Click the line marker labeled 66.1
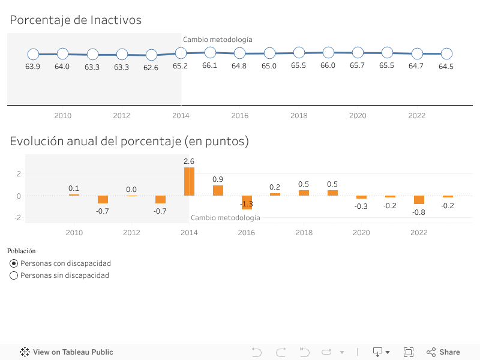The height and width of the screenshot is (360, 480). click(x=210, y=52)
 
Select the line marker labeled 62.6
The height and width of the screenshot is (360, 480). click(x=151, y=55)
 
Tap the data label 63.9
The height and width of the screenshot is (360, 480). click(x=32, y=67)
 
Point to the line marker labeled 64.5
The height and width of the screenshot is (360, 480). click(x=446, y=53)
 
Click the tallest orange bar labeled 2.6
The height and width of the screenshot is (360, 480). click(x=189, y=181)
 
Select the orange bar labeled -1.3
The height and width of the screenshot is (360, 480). click(x=247, y=202)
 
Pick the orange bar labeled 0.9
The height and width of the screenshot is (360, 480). click(x=218, y=190)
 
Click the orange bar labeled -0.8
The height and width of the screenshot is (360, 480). click(x=419, y=200)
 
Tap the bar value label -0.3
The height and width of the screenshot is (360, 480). click(x=361, y=206)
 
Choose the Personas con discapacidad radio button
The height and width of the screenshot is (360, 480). click(x=14, y=263)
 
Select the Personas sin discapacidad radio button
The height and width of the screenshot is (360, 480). click(x=14, y=275)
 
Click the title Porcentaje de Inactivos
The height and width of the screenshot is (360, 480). click(x=76, y=20)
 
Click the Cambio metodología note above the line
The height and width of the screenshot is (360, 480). click(x=217, y=40)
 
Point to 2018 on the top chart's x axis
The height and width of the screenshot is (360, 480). click(x=299, y=116)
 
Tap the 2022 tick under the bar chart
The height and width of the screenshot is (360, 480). click(x=419, y=233)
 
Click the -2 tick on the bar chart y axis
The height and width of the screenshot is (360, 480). click(x=19, y=217)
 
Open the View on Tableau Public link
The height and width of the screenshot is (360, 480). click(x=67, y=352)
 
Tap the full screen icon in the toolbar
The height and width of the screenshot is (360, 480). click(x=409, y=352)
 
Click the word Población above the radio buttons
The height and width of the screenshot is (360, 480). click(x=22, y=251)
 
